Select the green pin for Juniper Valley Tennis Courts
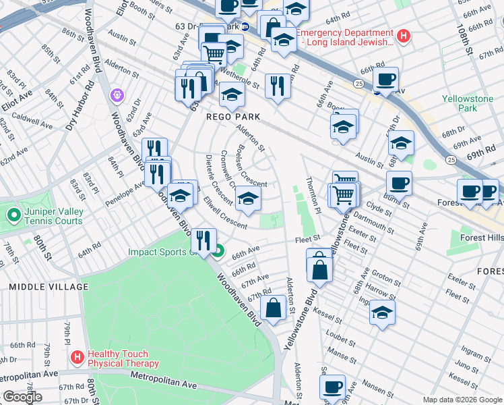click(x=13, y=216)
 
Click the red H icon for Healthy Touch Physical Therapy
click(x=77, y=357)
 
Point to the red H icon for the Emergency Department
click(x=403, y=36)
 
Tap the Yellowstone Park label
click(x=468, y=103)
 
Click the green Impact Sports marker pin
click(x=218, y=253)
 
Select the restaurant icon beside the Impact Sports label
click(x=203, y=240)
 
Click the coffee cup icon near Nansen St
click(x=332, y=387)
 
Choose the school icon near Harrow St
click(x=382, y=312)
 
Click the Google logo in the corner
click(x=22, y=397)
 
